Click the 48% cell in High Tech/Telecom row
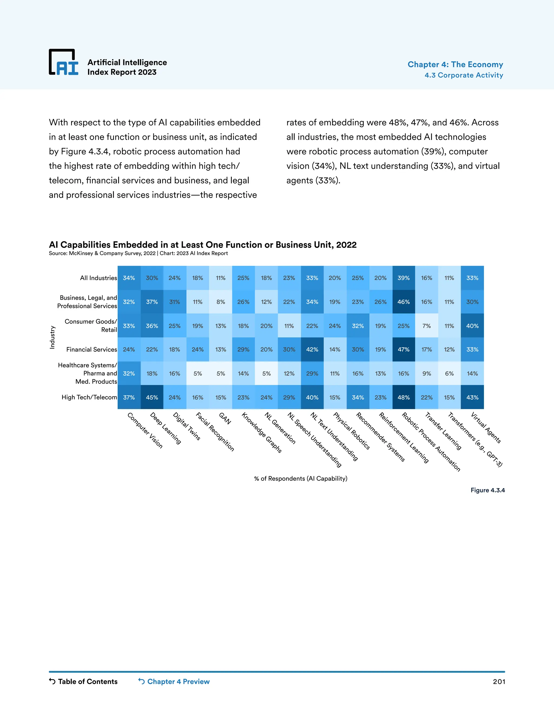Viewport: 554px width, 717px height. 403,397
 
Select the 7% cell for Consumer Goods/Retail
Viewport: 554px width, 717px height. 426,326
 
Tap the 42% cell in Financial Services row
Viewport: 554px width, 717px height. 312,349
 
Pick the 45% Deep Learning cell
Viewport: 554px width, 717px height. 152,397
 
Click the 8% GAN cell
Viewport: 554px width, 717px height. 220,302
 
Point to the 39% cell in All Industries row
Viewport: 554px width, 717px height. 403,278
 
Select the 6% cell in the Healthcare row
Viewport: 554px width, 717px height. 449,373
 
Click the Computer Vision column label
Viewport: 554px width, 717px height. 145,430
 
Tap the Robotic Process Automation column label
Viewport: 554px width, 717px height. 431,442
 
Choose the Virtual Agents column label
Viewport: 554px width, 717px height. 486,427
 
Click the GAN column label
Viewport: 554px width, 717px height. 225,418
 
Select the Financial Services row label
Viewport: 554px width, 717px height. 92,349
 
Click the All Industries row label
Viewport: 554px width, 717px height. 98,278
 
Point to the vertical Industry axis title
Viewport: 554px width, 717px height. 52,337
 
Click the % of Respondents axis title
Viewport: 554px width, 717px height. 301,478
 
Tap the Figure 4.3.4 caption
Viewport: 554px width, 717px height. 487,490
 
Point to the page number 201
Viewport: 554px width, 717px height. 499,682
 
